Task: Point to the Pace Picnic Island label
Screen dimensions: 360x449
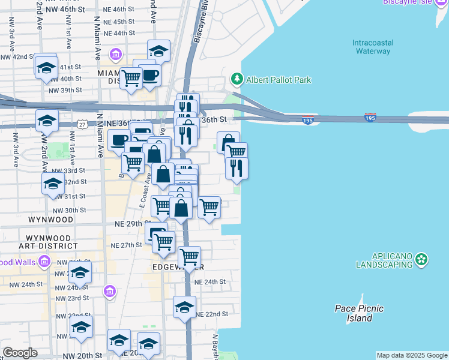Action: coord(359,313)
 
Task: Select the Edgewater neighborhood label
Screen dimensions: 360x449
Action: coord(178,266)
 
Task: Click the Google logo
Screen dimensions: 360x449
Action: coord(20,353)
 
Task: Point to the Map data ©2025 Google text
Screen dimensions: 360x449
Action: coord(412,355)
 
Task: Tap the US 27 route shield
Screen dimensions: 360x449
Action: coord(82,124)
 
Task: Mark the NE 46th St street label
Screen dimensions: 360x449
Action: coord(119,10)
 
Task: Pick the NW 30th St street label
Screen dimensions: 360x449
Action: coord(70,211)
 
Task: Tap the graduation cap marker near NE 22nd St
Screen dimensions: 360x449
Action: coord(184,308)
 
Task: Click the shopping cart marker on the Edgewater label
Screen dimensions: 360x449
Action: coord(190,257)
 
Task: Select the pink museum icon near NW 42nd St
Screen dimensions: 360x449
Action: coord(116,55)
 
